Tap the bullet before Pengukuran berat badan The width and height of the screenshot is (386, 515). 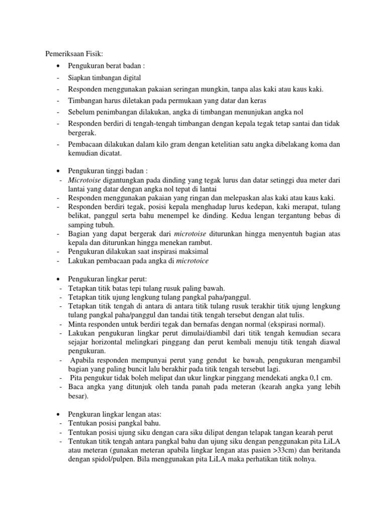click(x=59, y=66)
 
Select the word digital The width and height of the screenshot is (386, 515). click(x=130, y=78)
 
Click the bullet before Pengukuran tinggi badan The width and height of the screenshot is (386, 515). click(x=59, y=170)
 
